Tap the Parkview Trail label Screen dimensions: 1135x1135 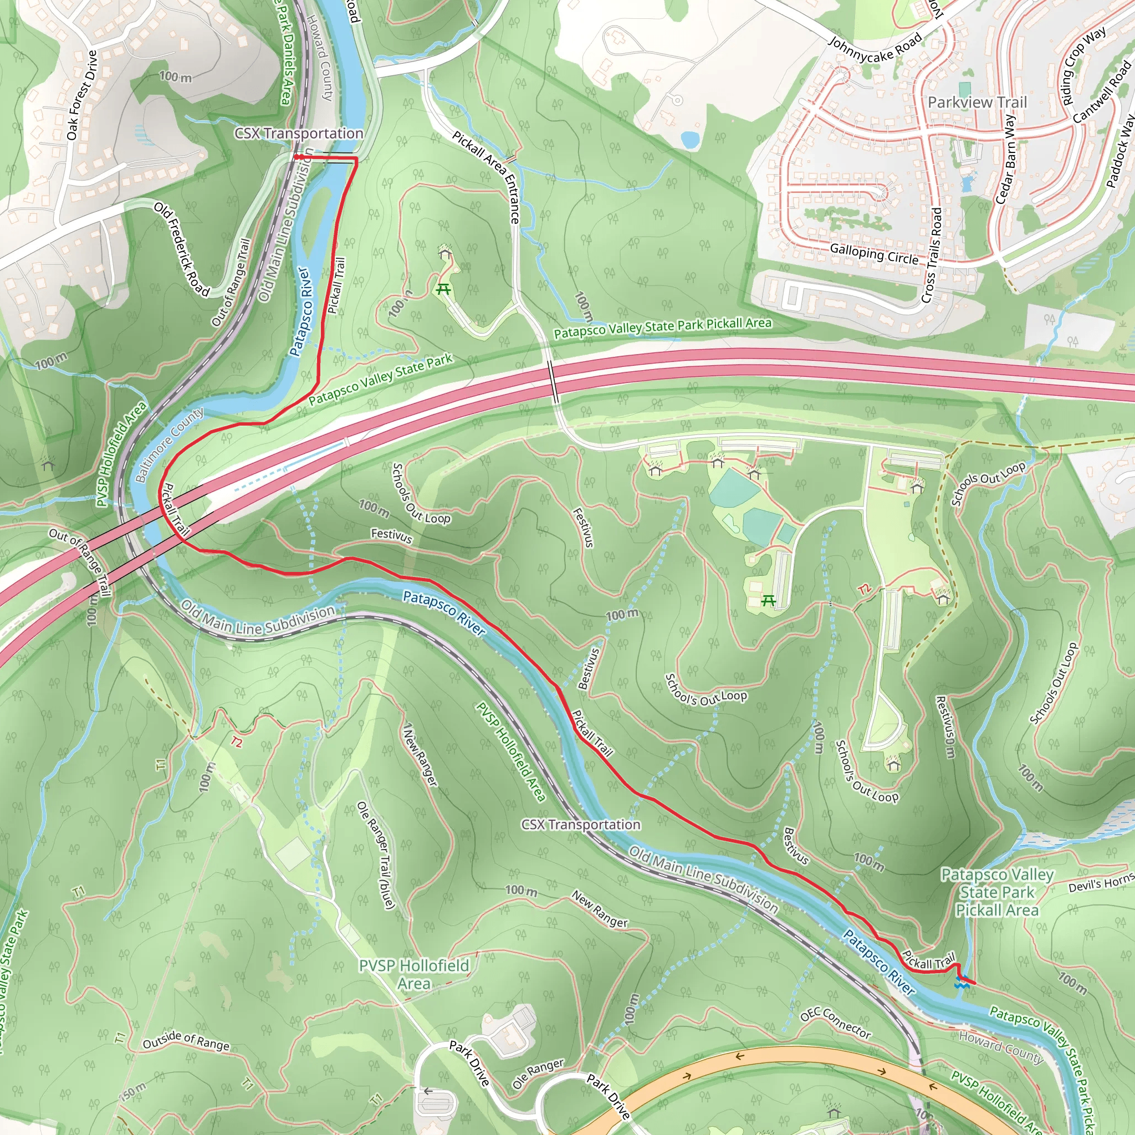(x=977, y=102)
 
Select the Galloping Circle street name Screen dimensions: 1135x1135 (x=873, y=254)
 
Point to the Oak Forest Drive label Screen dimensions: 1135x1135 (x=81, y=95)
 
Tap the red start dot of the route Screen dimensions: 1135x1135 (x=297, y=157)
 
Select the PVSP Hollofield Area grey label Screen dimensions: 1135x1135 (x=414, y=974)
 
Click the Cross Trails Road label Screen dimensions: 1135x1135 (x=932, y=255)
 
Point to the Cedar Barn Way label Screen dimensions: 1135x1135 (x=1006, y=159)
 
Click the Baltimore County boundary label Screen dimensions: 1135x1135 (x=169, y=444)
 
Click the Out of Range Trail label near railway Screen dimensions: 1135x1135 (x=231, y=282)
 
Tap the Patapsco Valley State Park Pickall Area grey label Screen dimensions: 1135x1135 (x=997, y=892)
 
